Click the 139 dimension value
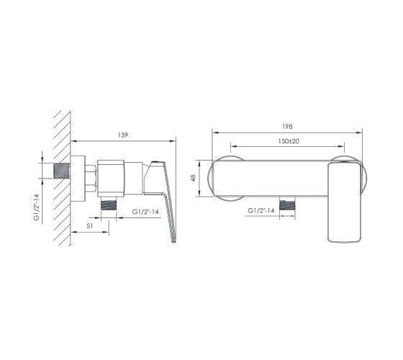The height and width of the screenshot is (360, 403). click(x=123, y=135)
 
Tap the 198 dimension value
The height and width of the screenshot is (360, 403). click(x=287, y=127)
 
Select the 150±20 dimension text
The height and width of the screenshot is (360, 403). click(x=289, y=141)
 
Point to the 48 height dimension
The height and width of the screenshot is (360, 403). click(x=194, y=178)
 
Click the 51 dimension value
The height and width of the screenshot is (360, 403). click(x=90, y=226)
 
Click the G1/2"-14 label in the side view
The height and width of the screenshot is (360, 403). click(x=145, y=212)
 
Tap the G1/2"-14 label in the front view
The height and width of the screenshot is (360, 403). click(x=261, y=210)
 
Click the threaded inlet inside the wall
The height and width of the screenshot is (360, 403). click(x=62, y=171)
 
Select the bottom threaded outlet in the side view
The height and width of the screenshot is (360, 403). click(x=109, y=204)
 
